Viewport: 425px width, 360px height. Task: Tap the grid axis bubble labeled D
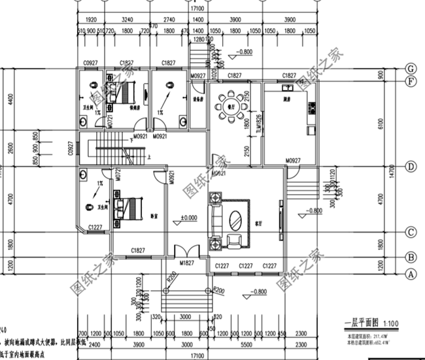411,167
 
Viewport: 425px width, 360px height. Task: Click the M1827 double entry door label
188,263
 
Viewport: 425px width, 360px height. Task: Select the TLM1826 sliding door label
259,124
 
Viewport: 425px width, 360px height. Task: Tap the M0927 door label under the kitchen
292,160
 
